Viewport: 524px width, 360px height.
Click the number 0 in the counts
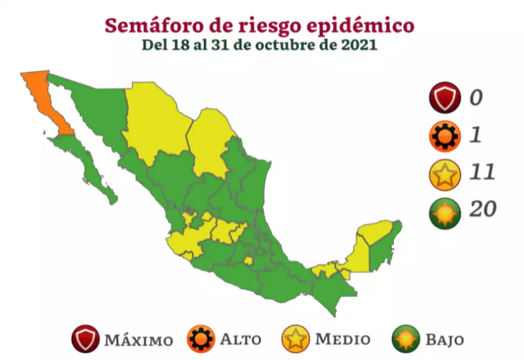coord(476,97)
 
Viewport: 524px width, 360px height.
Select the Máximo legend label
coord(138,339)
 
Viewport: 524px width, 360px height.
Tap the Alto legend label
coord(241,339)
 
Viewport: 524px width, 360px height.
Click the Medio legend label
coord(343,339)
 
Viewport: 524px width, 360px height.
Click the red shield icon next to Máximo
coord(86,339)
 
